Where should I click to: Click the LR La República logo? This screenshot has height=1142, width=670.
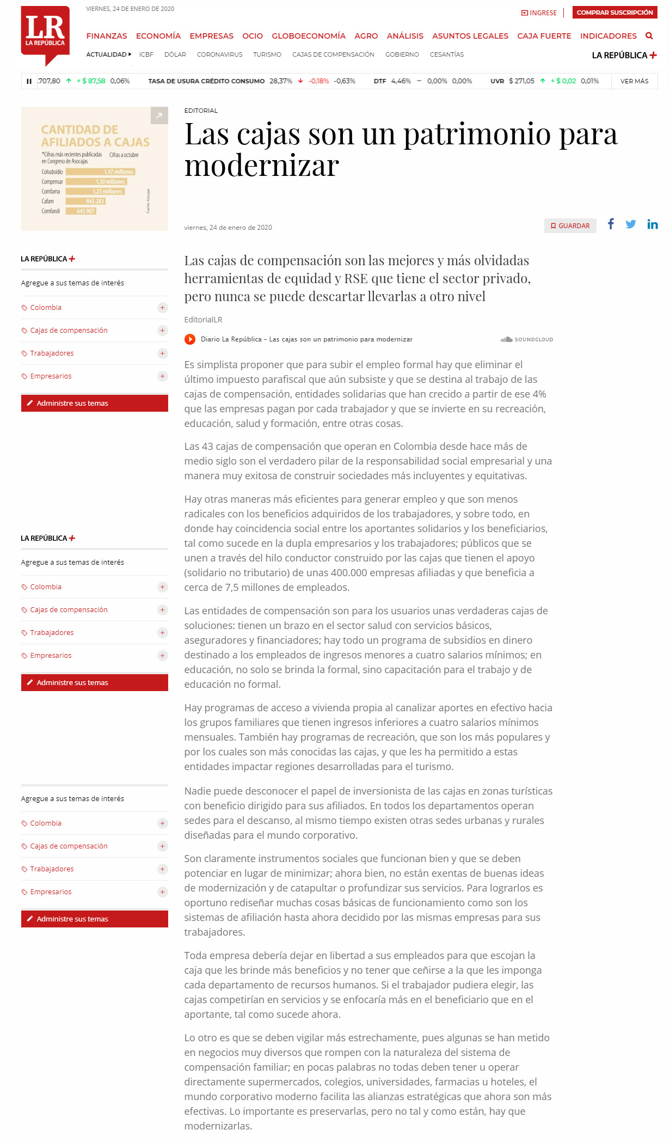(x=45, y=34)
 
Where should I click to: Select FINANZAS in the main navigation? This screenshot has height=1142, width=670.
(x=107, y=36)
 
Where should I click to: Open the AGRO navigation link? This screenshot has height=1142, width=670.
(x=366, y=36)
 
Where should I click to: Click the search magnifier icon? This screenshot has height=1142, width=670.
(x=649, y=36)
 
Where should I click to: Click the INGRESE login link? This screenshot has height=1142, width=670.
(x=539, y=13)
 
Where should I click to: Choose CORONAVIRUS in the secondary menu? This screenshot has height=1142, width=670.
(x=219, y=54)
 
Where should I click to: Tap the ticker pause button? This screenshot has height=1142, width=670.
(x=29, y=81)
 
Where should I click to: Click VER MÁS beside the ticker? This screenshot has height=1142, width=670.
(x=634, y=81)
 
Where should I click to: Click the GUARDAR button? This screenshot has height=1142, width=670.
(x=570, y=225)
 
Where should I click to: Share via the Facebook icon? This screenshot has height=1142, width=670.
(x=611, y=224)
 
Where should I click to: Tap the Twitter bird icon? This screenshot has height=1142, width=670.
(x=631, y=224)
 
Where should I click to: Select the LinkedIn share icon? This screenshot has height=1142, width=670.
(x=652, y=224)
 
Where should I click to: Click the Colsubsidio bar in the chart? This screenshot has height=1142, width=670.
(x=100, y=172)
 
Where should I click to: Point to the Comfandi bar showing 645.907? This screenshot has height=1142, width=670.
(x=81, y=211)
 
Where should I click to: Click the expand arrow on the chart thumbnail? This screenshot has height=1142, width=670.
(x=159, y=115)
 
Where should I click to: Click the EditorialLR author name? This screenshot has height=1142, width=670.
(x=203, y=320)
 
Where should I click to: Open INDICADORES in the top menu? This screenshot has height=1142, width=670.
(x=608, y=36)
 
